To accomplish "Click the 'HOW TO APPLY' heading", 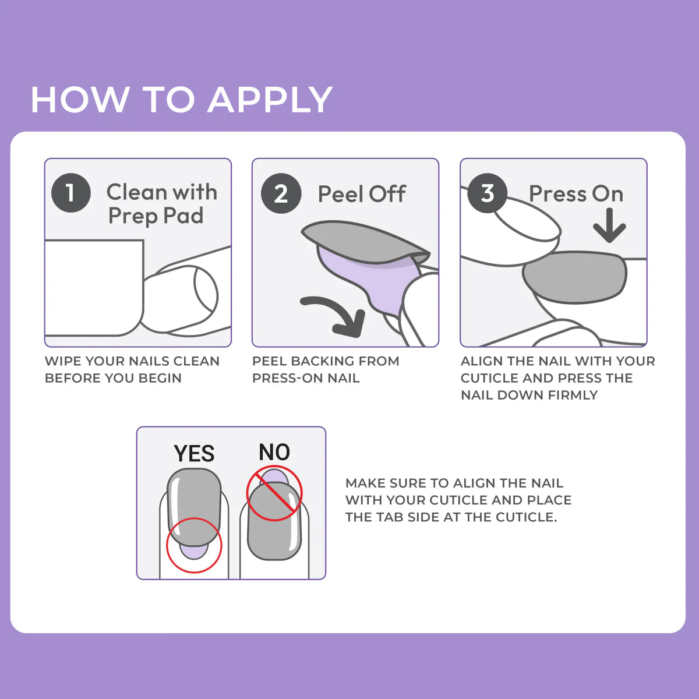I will pos(181,100).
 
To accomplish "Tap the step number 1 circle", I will pos(70,193).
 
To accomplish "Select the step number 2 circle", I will pos(281,193).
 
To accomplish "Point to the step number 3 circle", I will pos(487,193).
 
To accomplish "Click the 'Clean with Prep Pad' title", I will pos(161,204).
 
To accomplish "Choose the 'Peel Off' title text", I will pos(361,194).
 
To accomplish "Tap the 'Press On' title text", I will pos(576,193).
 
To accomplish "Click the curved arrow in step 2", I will pos(335,315).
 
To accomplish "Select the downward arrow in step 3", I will pos(609,225).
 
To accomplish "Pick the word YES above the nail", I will pos(194,453).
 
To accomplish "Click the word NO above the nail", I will pos(274,452).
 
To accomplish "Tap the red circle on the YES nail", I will pos(194,545).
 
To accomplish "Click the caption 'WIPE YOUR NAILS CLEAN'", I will pos(132,361).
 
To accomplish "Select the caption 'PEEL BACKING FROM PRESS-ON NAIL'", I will pos(325,369).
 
